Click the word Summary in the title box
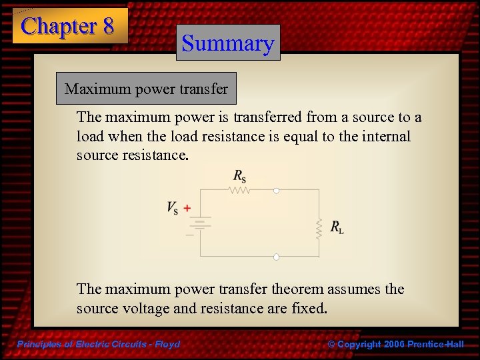click(x=228, y=43)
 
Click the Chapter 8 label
click(x=68, y=26)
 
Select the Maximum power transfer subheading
click(x=146, y=89)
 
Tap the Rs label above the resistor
click(x=239, y=176)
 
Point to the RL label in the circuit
click(x=337, y=228)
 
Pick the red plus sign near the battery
click(x=187, y=208)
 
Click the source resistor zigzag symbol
click(x=239, y=190)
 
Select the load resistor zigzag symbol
click(x=319, y=228)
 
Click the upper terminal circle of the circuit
click(x=276, y=190)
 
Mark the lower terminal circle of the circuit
click(x=276, y=257)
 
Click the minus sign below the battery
click(x=189, y=235)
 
